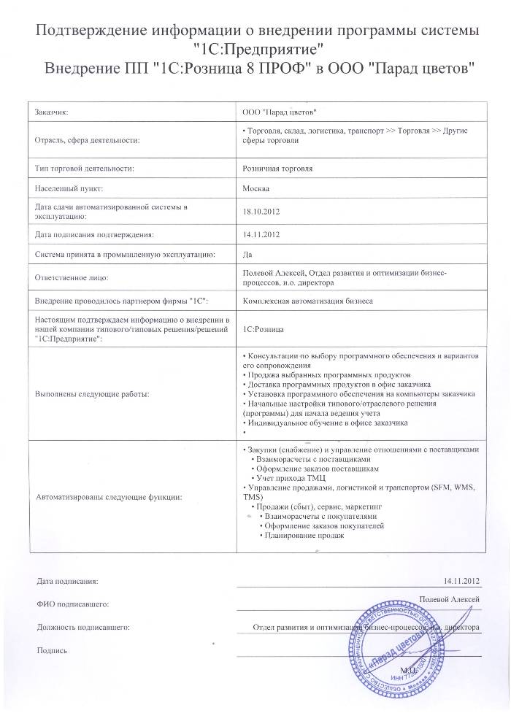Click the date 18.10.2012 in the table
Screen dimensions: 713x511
(x=261, y=212)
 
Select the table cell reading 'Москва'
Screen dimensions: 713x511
(x=255, y=188)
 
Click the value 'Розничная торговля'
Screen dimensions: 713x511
(x=277, y=169)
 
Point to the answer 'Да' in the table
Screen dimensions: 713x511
(x=246, y=255)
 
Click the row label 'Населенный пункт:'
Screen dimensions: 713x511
(x=66, y=188)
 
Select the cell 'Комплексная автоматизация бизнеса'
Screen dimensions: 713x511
(x=307, y=300)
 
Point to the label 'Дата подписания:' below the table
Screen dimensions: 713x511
(x=66, y=581)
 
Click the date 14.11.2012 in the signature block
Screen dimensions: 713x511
(x=461, y=581)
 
